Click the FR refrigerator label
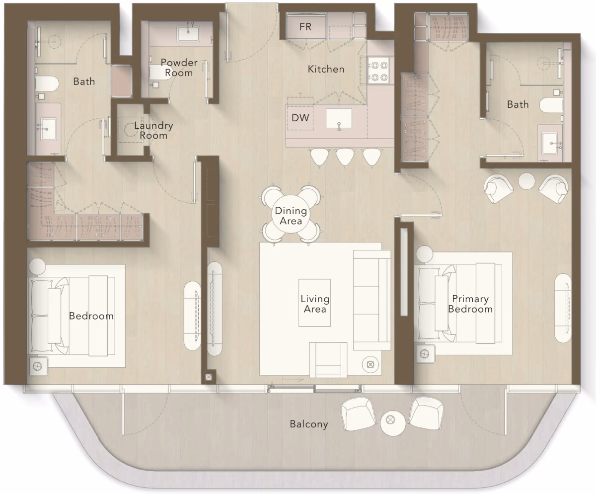coord(305,27)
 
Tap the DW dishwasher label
coord(300,118)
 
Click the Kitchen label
coord(326,69)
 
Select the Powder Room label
coord(179,68)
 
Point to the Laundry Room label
coord(153,130)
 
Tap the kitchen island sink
coord(339,118)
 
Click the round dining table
coord(291,214)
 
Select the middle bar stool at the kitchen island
coord(345,157)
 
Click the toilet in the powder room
coord(159,73)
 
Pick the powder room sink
coord(188,34)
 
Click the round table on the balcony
coord(392,423)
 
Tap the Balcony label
coord(309,424)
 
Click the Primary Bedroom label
coord(470,304)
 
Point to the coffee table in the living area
coord(314,303)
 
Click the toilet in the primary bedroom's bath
coord(551,105)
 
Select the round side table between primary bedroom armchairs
coord(526,181)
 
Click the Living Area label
coord(315,304)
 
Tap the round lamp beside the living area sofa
coord(371,364)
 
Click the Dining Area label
coord(291,216)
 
